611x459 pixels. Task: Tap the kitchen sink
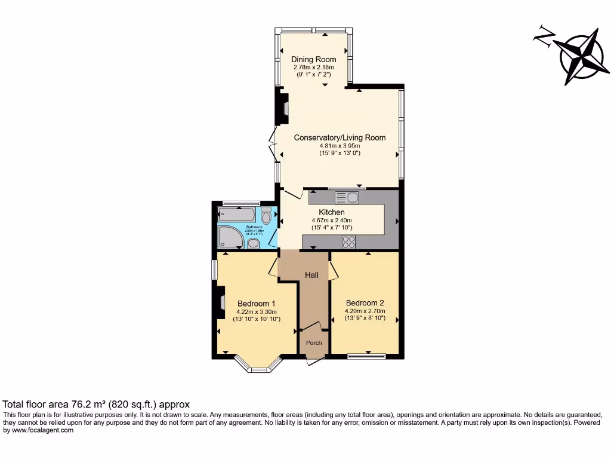345,198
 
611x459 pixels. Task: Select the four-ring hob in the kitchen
348,242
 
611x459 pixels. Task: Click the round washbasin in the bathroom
254,243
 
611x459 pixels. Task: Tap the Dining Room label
313,59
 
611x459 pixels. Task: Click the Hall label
311,275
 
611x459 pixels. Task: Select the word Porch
314,342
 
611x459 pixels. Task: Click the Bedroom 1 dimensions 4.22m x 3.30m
256,311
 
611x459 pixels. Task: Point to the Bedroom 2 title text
365,302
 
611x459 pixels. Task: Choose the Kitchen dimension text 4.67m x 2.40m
331,220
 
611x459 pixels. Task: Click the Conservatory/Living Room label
340,137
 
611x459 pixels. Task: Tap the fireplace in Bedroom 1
221,302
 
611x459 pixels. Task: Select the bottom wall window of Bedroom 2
366,357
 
